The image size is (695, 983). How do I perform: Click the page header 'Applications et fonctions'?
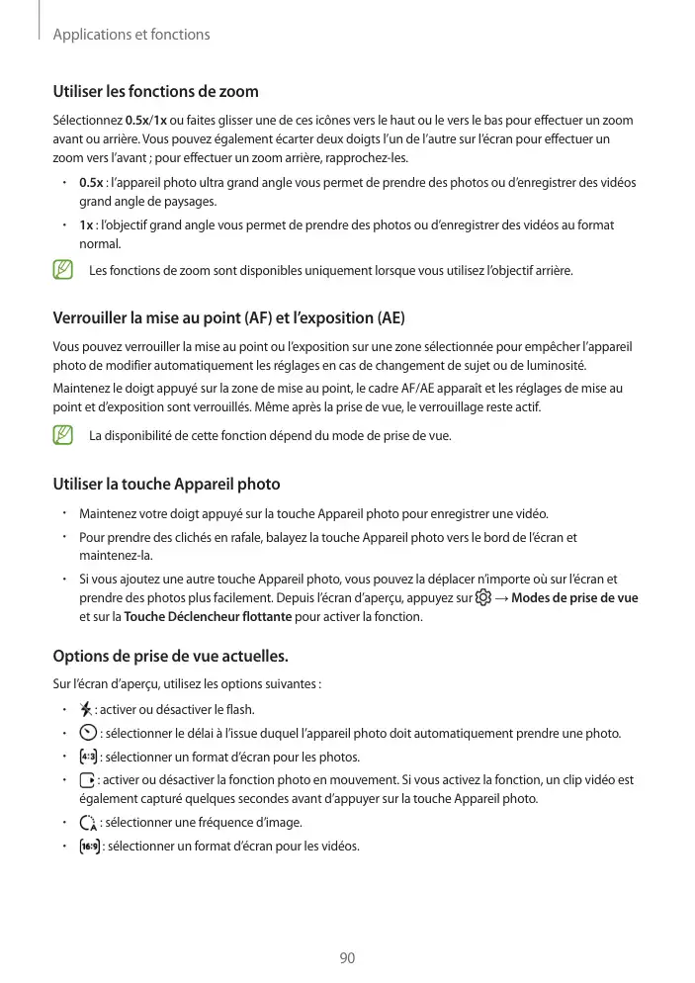[x=130, y=35]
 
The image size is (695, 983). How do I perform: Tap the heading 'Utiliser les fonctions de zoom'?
[x=155, y=92]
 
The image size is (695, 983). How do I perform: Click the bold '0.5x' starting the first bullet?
[x=91, y=183]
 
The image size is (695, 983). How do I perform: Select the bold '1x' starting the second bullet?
[x=86, y=225]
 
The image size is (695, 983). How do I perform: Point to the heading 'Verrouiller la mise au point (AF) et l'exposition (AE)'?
[x=228, y=318]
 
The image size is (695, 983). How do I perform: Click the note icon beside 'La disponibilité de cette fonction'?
[x=63, y=435]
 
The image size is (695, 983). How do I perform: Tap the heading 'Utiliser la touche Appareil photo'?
[x=166, y=484]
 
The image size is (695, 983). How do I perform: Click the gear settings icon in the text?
[x=482, y=598]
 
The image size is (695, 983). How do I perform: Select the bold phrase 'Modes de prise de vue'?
[x=574, y=598]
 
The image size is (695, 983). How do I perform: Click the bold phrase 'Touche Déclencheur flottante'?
[x=208, y=617]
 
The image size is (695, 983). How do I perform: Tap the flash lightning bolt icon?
[x=86, y=709]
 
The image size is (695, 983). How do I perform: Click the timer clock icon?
[x=87, y=733]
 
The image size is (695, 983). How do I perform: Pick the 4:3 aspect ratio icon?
[x=87, y=758]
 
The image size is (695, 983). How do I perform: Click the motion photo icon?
[x=86, y=781]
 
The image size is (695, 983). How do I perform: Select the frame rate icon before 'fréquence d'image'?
[x=87, y=823]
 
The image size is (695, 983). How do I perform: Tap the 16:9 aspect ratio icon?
[x=89, y=847]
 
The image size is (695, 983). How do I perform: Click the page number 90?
[x=347, y=958]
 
